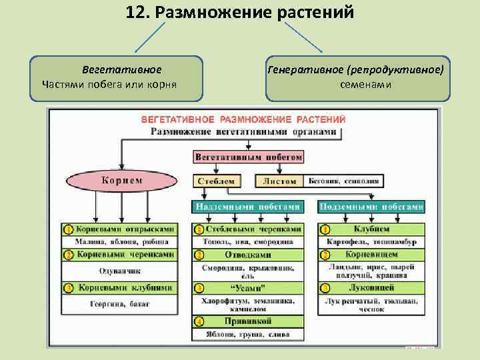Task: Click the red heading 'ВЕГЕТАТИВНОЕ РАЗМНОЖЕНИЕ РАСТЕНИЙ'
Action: coord(243,119)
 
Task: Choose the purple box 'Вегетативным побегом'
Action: coord(249,157)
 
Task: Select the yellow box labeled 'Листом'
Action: coord(279,181)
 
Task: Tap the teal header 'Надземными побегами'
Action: coord(247,206)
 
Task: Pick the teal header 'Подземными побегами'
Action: coord(371,206)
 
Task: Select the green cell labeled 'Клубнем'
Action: coord(371,229)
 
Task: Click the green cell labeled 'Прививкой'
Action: coord(252,321)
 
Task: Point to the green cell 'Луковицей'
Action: coord(371,287)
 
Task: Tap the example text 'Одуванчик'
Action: coord(119,271)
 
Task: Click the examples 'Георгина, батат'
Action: coord(119,304)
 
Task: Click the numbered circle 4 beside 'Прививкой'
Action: coord(199,321)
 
